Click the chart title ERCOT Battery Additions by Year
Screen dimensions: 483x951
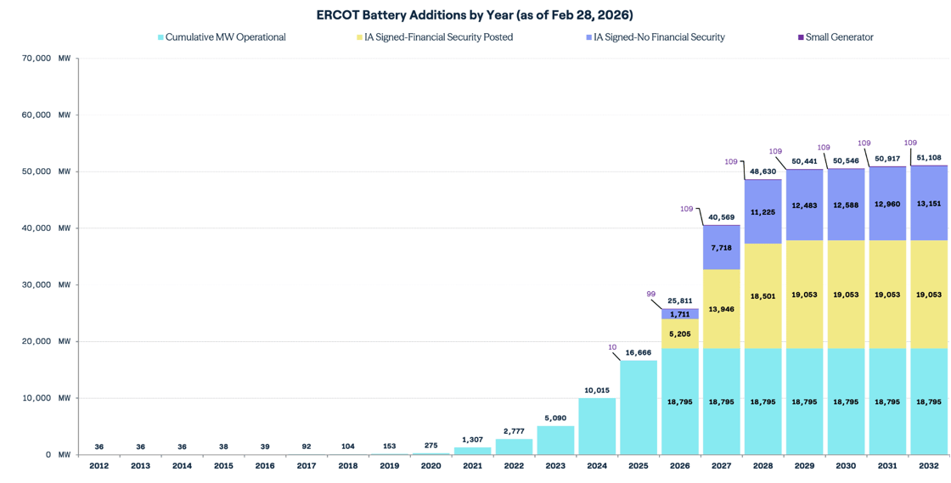475,15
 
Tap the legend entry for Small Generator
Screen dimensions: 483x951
839,37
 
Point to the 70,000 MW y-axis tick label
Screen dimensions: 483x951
45,59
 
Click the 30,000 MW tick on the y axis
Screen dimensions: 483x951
45,285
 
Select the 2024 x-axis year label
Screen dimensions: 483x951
597,466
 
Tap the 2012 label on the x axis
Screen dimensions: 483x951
98,466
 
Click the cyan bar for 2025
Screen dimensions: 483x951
639,407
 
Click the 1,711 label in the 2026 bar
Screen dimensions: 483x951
679,314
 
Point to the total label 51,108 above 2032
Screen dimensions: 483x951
928,158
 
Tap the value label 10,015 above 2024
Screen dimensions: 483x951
597,390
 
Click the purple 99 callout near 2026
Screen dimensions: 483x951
651,294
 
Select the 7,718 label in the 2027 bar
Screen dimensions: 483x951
721,248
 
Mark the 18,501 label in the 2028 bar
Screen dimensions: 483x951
762,295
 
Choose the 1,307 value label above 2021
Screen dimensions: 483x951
472,440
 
